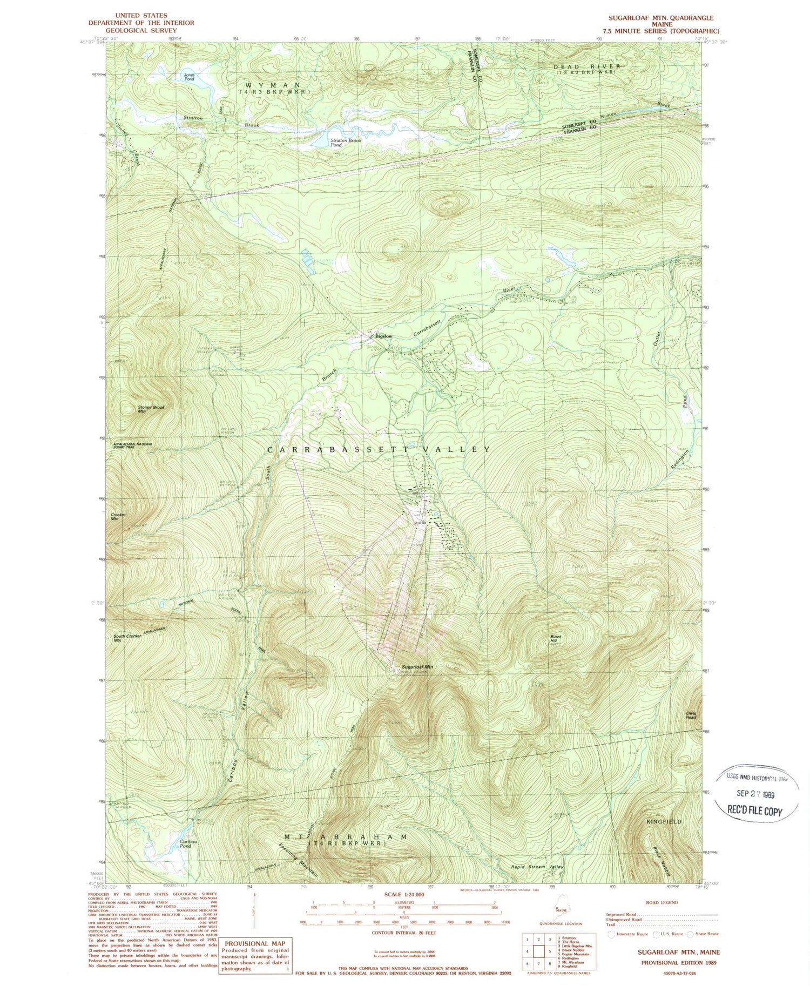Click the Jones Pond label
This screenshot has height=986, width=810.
[x=189, y=77]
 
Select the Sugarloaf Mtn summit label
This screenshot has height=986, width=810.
[x=417, y=667]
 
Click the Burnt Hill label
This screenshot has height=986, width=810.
[x=556, y=639]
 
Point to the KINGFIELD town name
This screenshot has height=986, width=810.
[x=664, y=821]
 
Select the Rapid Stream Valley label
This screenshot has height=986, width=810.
[x=537, y=867]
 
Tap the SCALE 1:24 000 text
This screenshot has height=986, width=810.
[x=404, y=895]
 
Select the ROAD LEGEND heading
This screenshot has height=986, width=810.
[x=661, y=902]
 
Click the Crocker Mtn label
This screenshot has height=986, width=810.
[x=118, y=517]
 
